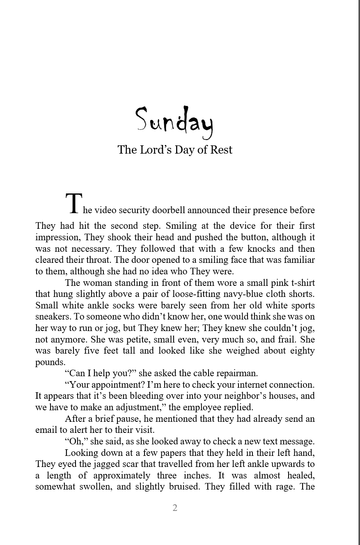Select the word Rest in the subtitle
[x=221, y=149]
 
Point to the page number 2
[x=175, y=508]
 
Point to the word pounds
[x=50, y=362]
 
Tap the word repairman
[x=237, y=373]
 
